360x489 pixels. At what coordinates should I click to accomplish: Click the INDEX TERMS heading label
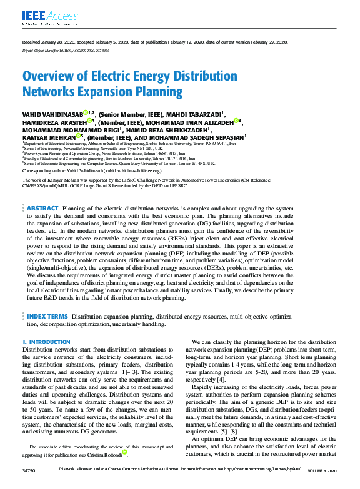[x=47, y=317]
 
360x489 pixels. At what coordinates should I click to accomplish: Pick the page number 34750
[x=29, y=485]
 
